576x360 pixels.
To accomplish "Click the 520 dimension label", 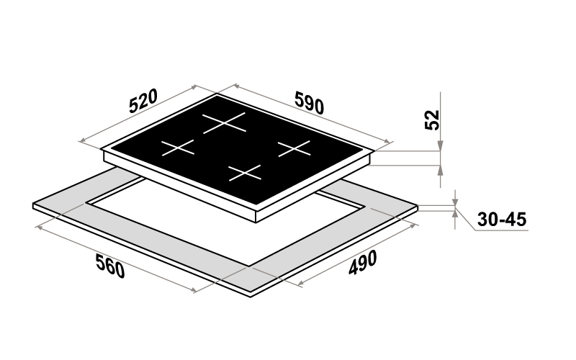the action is point(143,101).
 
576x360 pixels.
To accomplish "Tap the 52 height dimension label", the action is point(432,120).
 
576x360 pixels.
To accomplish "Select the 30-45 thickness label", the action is point(502,220).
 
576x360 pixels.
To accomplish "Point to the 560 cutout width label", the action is point(110,266).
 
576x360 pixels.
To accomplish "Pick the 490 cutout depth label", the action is point(363,263).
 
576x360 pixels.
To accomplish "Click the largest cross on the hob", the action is point(224,122).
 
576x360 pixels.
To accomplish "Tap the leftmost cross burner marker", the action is point(178,148).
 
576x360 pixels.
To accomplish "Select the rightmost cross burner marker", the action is point(294,148).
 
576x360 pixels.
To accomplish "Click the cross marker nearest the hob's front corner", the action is point(245,173).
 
